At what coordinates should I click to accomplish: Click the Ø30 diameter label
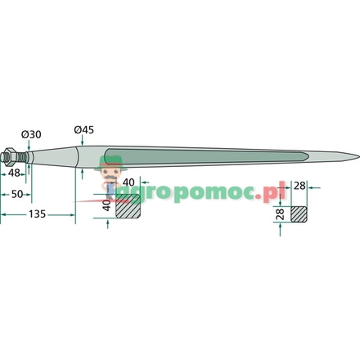31,134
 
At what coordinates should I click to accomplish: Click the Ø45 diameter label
83,130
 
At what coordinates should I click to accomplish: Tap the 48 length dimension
14,173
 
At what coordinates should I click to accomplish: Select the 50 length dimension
17,194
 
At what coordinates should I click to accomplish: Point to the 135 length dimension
38,214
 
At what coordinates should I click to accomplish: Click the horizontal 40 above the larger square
128,182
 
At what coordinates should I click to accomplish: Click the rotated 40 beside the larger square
107,205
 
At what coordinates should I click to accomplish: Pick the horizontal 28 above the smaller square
299,186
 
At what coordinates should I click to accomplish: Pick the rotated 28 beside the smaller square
280,214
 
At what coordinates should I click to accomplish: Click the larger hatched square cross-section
128,206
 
